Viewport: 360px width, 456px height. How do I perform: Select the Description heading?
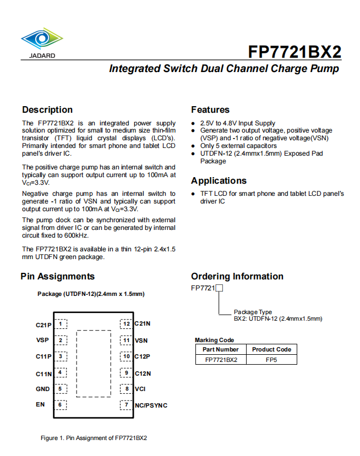[x=47, y=109]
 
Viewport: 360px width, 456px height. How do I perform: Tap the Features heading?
[x=210, y=109]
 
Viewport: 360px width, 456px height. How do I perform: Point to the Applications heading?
[x=219, y=180]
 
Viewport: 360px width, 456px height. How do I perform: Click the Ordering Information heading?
[x=237, y=276]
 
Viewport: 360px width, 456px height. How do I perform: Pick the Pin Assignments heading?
[x=58, y=276]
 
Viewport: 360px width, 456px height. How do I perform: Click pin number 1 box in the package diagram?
[x=62, y=325]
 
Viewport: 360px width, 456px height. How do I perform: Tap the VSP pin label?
[x=43, y=340]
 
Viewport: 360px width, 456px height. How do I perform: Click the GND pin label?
[x=43, y=389]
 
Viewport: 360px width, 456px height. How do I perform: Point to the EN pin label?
[x=40, y=405]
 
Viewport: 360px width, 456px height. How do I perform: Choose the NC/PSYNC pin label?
[x=151, y=405]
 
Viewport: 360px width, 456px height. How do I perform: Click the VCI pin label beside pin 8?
[x=140, y=389]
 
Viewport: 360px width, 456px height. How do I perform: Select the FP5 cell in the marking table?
[x=271, y=360]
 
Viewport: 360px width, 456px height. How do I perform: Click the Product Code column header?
[x=271, y=349]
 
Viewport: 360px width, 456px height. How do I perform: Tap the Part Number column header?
[x=221, y=349]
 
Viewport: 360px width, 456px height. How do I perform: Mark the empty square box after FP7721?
[x=219, y=288]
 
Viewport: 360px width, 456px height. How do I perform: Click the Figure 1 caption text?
[x=94, y=438]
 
